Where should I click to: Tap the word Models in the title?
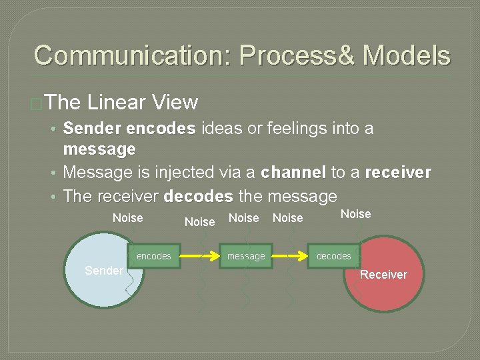coord(406,55)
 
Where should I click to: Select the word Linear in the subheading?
coord(116,102)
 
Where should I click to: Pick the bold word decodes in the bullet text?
coord(198,197)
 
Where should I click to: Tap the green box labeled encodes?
coord(153,256)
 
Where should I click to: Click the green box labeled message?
coord(246,256)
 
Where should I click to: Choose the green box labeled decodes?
coord(333,256)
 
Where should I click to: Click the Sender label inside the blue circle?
coord(104,270)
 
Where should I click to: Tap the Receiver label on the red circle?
coord(383,274)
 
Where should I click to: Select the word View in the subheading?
coord(175,102)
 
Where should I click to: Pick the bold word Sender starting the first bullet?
coord(92,127)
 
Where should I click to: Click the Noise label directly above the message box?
coord(243,218)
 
